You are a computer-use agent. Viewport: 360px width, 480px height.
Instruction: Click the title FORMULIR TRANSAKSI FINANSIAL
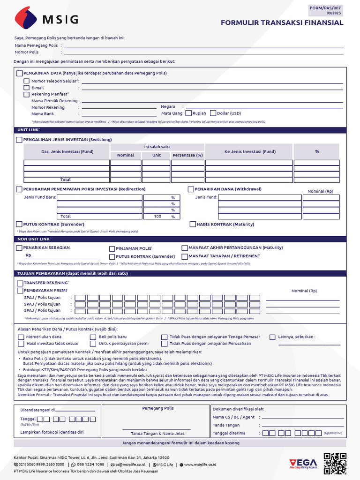click(282, 22)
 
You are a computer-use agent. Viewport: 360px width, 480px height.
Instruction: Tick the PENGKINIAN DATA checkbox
click(19, 73)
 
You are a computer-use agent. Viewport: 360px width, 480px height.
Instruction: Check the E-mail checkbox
click(27, 88)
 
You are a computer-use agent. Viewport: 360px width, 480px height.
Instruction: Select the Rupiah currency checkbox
click(189, 113)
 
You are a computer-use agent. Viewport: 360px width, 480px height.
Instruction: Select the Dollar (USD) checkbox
click(213, 113)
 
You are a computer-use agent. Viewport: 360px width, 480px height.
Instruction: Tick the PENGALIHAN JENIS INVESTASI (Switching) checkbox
click(19, 140)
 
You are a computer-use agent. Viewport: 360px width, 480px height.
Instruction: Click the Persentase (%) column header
click(187, 155)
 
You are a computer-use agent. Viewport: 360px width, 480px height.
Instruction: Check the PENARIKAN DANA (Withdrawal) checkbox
click(191, 189)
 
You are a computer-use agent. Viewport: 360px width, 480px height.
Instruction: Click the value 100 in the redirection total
click(157, 217)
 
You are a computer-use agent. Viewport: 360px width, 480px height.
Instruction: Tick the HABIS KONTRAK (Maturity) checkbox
click(193, 225)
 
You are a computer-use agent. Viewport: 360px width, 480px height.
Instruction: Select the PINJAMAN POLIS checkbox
click(112, 249)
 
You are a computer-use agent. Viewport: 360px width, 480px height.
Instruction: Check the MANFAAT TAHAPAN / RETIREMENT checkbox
click(185, 256)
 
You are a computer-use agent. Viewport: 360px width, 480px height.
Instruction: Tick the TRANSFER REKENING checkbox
click(20, 284)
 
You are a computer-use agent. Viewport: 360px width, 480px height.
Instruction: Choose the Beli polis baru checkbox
click(93, 337)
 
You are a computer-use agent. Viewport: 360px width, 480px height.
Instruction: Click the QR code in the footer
click(335, 464)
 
